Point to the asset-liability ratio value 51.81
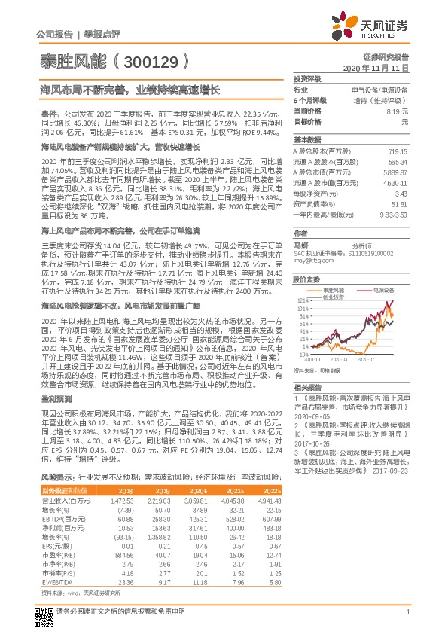(398, 203)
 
